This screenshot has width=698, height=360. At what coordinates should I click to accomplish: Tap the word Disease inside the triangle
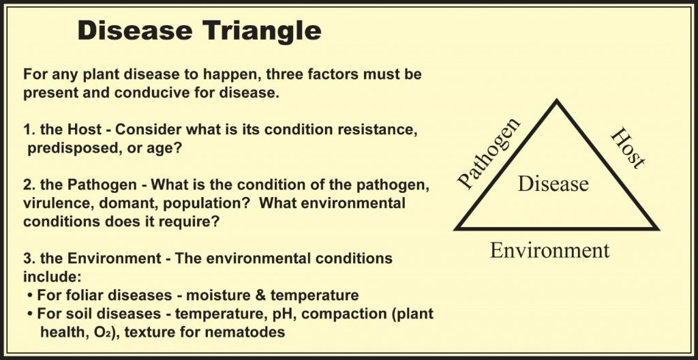(553, 183)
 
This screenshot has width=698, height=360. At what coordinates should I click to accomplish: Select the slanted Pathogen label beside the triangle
(489, 153)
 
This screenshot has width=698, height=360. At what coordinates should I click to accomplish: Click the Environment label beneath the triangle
(549, 250)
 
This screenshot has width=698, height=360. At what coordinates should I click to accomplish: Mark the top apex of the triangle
(556, 100)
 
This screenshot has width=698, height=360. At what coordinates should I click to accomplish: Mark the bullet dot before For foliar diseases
(30, 296)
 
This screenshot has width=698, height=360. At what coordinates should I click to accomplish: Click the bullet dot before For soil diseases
(30, 314)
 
